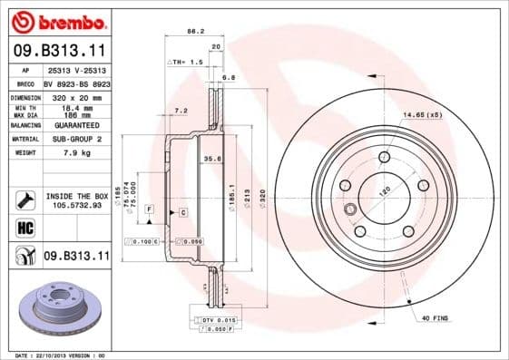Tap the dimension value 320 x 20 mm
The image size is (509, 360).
[75, 95]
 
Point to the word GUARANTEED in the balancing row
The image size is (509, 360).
[75, 124]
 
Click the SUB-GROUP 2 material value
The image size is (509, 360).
[75, 139]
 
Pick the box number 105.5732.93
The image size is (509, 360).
[75, 205]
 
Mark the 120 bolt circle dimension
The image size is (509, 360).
[382, 191]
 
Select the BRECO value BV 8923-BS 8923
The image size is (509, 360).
[75, 82]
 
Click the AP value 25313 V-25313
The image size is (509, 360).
[75, 70]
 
